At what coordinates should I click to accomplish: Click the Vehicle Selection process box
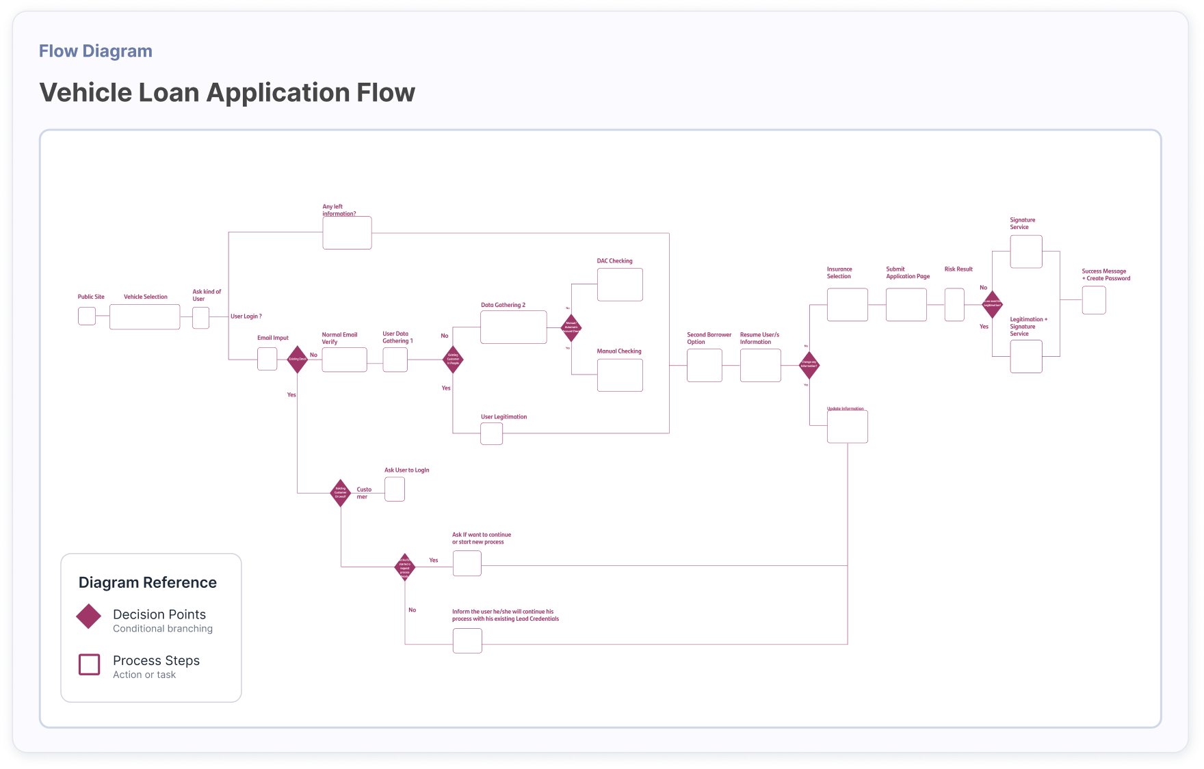[x=144, y=316]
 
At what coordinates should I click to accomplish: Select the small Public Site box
[x=87, y=316]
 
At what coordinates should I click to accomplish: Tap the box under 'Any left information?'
[x=347, y=233]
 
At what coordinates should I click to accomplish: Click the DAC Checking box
[x=620, y=284]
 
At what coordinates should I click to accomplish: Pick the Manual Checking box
[x=620, y=375]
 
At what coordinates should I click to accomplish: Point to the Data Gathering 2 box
[x=513, y=327]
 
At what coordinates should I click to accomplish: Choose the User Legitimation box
[x=491, y=433]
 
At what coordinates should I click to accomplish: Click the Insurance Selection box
[x=847, y=304]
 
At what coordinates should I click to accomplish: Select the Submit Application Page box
[x=906, y=304]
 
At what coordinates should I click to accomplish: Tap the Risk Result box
[x=954, y=304]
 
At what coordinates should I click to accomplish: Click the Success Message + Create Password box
[x=1093, y=300]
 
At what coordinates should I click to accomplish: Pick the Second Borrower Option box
[x=704, y=365]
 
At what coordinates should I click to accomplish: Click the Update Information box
[x=847, y=427]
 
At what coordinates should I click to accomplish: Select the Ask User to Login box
[x=394, y=489]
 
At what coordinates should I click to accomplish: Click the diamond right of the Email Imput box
[x=297, y=359]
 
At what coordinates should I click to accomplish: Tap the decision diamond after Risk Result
[x=992, y=303]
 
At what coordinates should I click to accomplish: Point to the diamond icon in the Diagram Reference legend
[x=89, y=616]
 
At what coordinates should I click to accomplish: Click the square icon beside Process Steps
[x=90, y=664]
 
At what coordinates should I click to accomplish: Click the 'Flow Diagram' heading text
[x=96, y=51]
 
